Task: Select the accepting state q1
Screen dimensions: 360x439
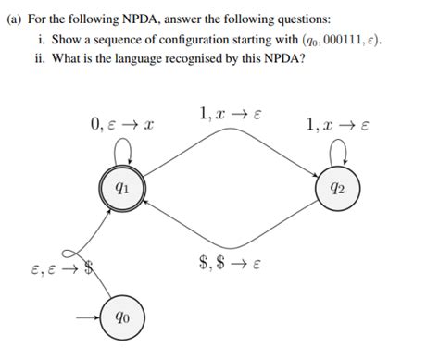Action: tap(120, 187)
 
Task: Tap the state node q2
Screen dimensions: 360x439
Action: tap(340, 188)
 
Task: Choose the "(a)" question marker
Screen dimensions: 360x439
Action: tap(13, 17)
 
